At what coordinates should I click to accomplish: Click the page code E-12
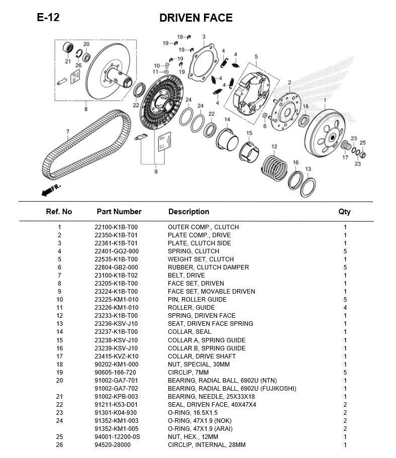(48, 18)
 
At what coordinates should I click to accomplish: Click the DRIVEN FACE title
(195, 18)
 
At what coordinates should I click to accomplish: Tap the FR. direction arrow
(51, 190)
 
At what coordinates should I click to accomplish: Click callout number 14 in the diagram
(227, 120)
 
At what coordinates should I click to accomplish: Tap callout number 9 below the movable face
(156, 171)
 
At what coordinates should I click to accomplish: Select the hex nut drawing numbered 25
(362, 154)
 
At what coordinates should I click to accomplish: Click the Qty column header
(344, 212)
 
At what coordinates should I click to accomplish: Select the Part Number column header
(119, 212)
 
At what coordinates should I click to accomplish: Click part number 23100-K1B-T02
(116, 276)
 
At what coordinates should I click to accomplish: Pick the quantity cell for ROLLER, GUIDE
(345, 308)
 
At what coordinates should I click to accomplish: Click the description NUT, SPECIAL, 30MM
(199, 364)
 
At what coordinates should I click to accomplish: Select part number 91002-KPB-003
(116, 397)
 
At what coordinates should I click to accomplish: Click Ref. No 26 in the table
(59, 445)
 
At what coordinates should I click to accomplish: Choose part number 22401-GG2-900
(117, 251)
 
